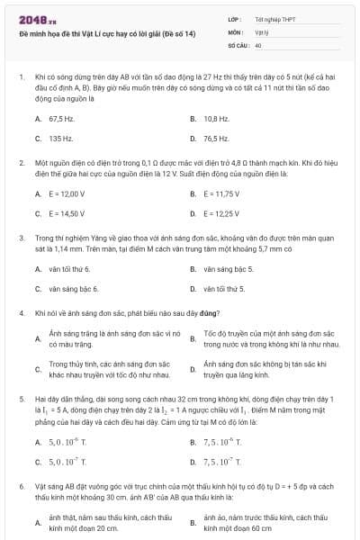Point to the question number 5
22,398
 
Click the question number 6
22,484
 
